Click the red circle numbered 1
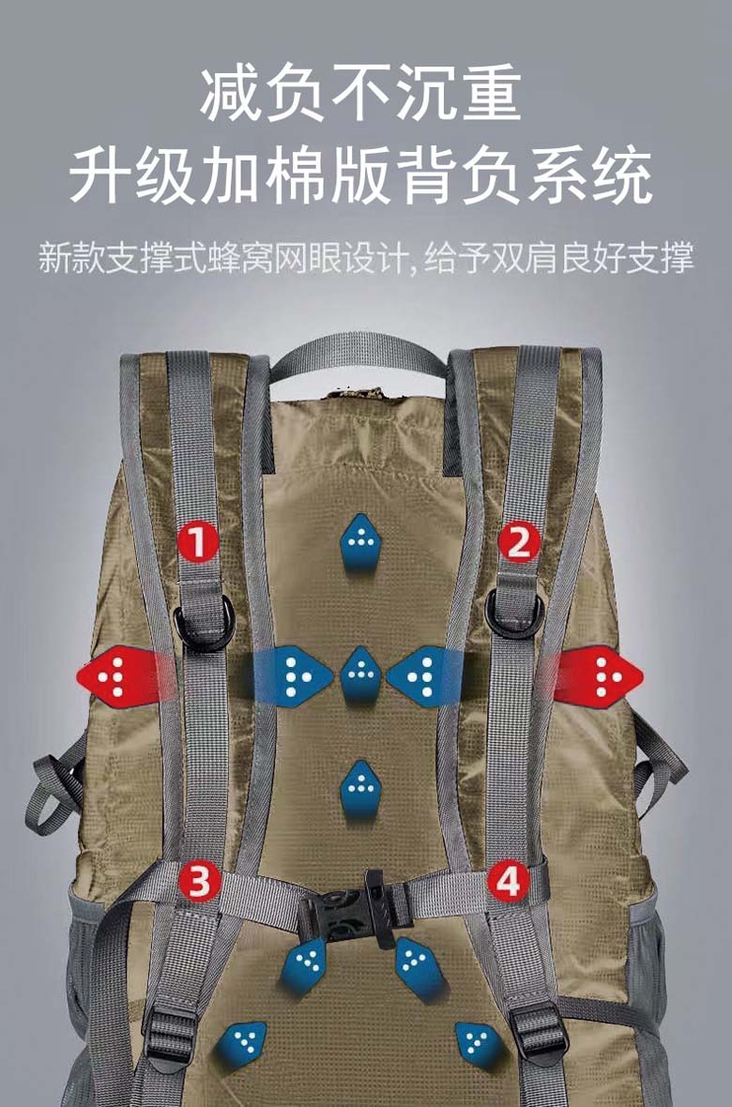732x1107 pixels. (x=199, y=542)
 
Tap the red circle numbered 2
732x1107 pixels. (x=519, y=542)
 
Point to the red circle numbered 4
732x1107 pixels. (x=508, y=880)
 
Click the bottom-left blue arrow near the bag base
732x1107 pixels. (x=241, y=1043)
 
